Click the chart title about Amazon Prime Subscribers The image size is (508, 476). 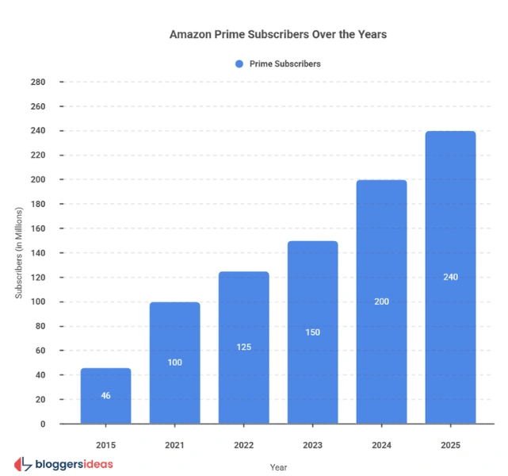(x=277, y=35)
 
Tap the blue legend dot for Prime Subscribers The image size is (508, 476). (x=239, y=63)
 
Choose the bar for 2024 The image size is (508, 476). (x=381, y=301)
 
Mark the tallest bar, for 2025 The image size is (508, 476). (x=450, y=277)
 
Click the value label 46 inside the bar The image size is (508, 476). (x=105, y=395)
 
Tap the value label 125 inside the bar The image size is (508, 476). (x=243, y=347)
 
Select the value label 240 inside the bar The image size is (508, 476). (x=450, y=277)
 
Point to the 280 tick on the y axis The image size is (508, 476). (x=38, y=82)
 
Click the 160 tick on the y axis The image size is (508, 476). (x=38, y=228)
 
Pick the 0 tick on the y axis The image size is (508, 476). (x=43, y=424)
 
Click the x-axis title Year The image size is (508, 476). (x=278, y=467)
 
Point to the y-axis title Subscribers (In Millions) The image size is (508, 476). (x=19, y=253)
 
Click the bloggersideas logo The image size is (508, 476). (x=63, y=463)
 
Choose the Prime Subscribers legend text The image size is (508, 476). (x=285, y=63)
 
